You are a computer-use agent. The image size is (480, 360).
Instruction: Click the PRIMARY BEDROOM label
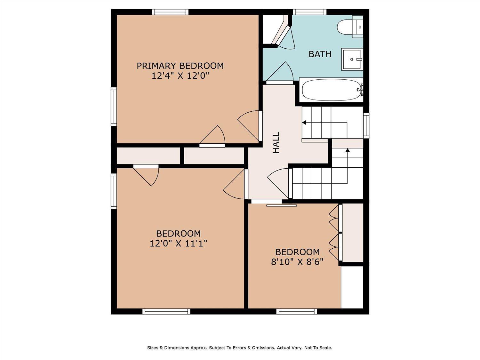click(180, 66)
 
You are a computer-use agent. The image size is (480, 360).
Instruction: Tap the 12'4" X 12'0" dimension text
click(180, 76)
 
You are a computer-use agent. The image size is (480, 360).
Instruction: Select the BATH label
click(320, 54)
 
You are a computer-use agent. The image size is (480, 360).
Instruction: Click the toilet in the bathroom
click(350, 27)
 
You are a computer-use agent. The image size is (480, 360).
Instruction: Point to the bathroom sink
click(352, 59)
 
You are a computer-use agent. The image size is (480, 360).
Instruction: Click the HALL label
click(276, 142)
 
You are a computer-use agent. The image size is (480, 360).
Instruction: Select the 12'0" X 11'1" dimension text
click(178, 243)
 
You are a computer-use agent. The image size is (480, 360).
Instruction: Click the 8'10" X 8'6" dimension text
click(297, 262)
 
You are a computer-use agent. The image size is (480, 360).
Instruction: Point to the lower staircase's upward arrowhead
click(348, 150)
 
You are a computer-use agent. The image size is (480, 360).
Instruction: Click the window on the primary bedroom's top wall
click(170, 12)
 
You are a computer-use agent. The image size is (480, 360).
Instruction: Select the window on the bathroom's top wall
click(310, 12)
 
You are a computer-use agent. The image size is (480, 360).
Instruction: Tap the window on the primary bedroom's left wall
click(114, 107)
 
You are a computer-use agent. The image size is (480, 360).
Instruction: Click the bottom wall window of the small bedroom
click(297, 311)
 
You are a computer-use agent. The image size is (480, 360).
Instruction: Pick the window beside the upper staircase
click(366, 125)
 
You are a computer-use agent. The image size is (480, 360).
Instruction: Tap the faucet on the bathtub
click(360, 90)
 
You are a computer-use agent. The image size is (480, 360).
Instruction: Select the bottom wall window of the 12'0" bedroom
click(166, 311)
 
